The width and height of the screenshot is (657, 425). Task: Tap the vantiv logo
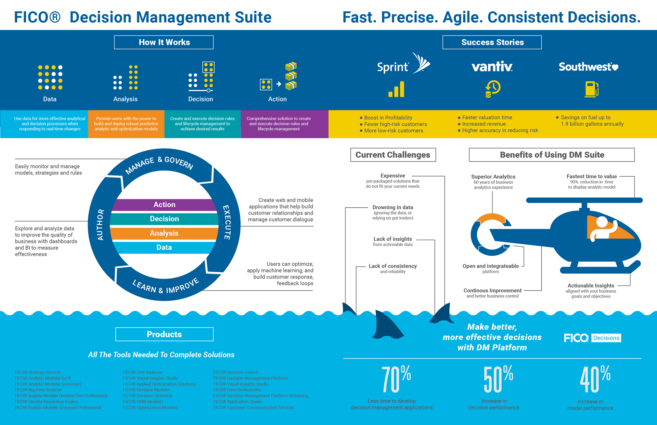coord(492,66)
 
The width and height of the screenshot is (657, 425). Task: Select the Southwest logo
coord(588,67)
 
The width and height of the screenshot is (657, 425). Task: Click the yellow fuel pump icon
coord(591,89)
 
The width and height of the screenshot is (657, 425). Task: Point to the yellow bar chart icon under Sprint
coord(396,89)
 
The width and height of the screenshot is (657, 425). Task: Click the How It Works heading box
coord(164,42)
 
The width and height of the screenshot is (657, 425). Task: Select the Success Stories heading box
coord(492,42)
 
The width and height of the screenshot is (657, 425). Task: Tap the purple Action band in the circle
coord(164,205)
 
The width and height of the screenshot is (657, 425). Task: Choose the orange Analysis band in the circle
coord(164,233)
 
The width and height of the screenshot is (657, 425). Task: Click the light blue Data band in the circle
coord(164,247)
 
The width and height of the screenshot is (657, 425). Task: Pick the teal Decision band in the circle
coord(164,219)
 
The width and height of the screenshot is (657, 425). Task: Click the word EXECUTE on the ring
coord(227,222)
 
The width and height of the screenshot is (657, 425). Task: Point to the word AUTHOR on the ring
coord(100,224)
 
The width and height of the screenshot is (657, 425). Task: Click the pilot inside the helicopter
coord(603,229)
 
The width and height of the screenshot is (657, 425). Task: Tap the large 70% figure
coord(396,379)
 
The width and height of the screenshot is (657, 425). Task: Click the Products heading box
coord(164,334)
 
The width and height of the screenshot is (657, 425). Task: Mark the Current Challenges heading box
coord(393,155)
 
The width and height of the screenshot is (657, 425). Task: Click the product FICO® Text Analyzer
coord(142,372)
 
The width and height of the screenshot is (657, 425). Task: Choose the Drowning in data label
coord(392,207)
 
